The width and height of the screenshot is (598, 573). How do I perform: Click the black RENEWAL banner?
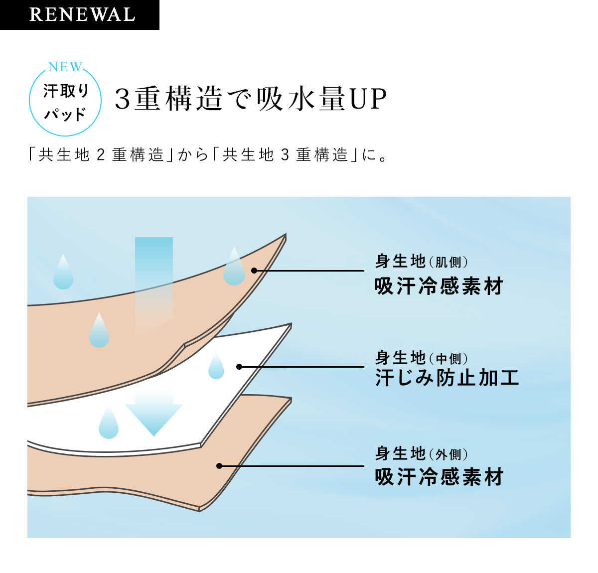pyautogui.click(x=80, y=14)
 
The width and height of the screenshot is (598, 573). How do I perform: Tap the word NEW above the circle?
pyautogui.click(x=65, y=67)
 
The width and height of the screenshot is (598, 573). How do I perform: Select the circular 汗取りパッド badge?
pyautogui.click(x=65, y=102)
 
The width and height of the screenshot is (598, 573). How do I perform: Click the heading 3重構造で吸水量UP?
pyautogui.click(x=251, y=99)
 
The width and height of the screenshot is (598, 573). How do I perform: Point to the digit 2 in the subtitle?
pyautogui.click(x=100, y=155)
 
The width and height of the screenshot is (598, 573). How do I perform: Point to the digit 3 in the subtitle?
pyautogui.click(x=285, y=155)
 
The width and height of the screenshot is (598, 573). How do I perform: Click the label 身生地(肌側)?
pyautogui.click(x=422, y=261)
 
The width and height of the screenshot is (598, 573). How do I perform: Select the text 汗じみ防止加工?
pyautogui.click(x=447, y=378)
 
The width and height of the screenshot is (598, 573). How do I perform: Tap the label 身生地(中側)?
pyautogui.click(x=422, y=357)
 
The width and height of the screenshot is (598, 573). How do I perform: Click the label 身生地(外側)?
pyautogui.click(x=422, y=453)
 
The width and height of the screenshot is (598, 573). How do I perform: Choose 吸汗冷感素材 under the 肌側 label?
pyautogui.click(x=439, y=286)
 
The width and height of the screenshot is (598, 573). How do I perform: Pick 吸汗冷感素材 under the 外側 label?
pyautogui.click(x=439, y=477)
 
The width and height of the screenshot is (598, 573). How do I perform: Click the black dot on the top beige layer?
pyautogui.click(x=254, y=271)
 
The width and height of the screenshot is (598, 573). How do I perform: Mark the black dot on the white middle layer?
pyautogui.click(x=239, y=367)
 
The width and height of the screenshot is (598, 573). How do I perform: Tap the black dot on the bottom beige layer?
pyautogui.click(x=219, y=466)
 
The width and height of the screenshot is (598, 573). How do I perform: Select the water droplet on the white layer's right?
pyautogui.click(x=216, y=367)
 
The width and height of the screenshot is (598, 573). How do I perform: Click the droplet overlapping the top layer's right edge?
pyautogui.click(x=234, y=268)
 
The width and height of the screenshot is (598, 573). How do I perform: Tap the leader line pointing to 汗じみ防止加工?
pyautogui.click(x=304, y=367)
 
